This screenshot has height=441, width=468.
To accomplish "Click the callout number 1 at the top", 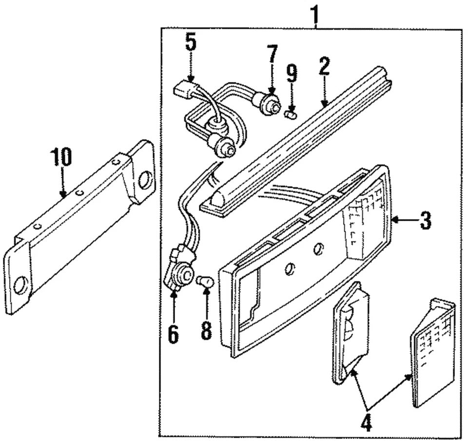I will tap(315, 16).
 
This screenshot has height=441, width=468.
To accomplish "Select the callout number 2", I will tap(324, 66).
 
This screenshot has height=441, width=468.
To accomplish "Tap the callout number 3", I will tap(425, 221).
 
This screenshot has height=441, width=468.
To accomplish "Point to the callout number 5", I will tap(190, 43).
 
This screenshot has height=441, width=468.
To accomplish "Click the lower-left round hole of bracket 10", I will tap(21, 285).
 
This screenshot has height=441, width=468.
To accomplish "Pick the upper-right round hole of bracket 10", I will tap(145, 180).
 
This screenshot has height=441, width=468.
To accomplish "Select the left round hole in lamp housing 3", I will tap(289, 268).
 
